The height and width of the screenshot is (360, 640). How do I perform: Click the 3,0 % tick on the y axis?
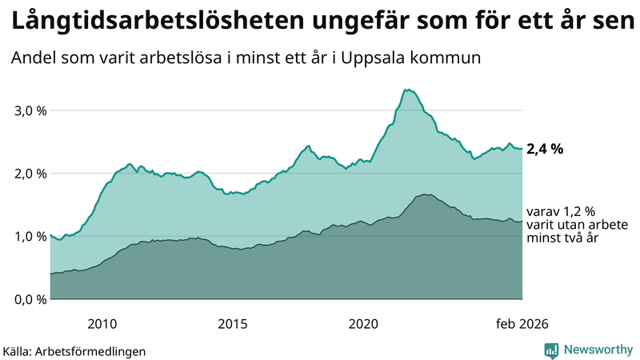[x=31, y=110]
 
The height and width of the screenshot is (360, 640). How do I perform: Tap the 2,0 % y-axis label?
[x=31, y=174]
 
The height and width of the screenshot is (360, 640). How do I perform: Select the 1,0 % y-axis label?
[x=31, y=237]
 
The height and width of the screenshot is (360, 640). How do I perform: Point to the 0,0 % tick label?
[x=31, y=299]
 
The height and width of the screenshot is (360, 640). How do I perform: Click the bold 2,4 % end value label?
[x=545, y=149]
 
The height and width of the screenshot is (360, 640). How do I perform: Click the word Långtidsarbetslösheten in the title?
[x=132, y=22]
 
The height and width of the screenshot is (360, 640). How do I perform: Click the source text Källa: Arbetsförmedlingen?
[x=74, y=350]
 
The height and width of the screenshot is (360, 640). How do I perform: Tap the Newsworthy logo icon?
[x=552, y=350]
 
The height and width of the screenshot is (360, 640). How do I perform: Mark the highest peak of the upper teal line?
[x=408, y=90]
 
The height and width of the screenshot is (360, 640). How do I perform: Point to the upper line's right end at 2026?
[x=522, y=148]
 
